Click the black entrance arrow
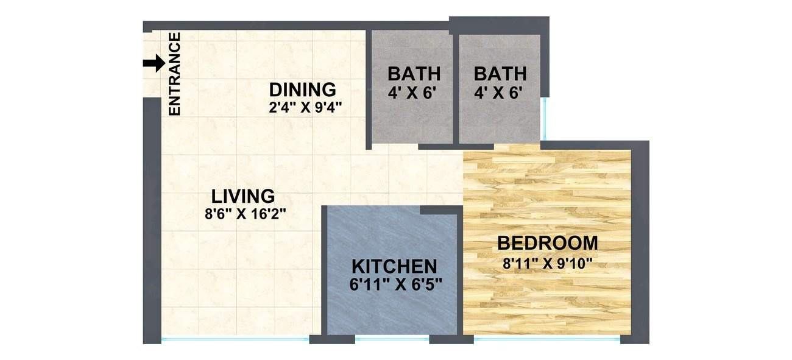point(154,63)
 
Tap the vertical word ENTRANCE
point(175,74)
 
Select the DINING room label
point(303,90)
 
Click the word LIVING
point(243,197)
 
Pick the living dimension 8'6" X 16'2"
point(246,214)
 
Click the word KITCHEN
point(394,267)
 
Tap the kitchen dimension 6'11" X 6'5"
point(396,284)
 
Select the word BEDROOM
point(548,243)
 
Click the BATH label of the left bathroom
point(414,74)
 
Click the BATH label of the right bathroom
point(500,74)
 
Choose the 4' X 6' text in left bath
point(414,94)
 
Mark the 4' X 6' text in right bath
point(500,94)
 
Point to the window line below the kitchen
point(392,339)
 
